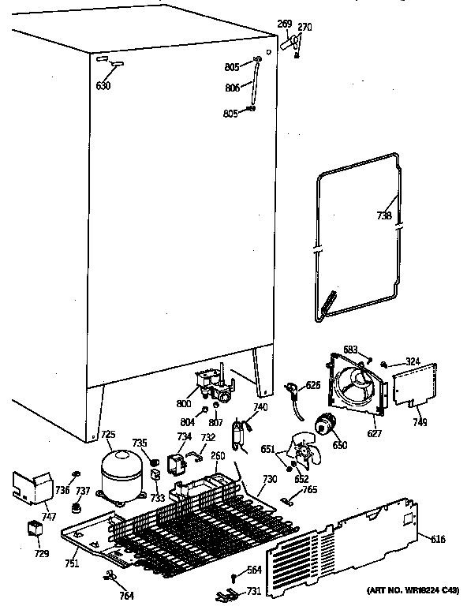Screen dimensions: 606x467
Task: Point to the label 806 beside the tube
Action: tap(232, 88)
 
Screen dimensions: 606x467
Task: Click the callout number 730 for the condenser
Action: tap(270, 480)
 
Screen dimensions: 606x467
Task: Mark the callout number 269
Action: tap(284, 24)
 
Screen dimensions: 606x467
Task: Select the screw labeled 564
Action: tap(233, 579)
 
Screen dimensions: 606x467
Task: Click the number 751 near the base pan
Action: tap(72, 563)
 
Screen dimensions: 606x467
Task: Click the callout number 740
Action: tap(261, 406)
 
